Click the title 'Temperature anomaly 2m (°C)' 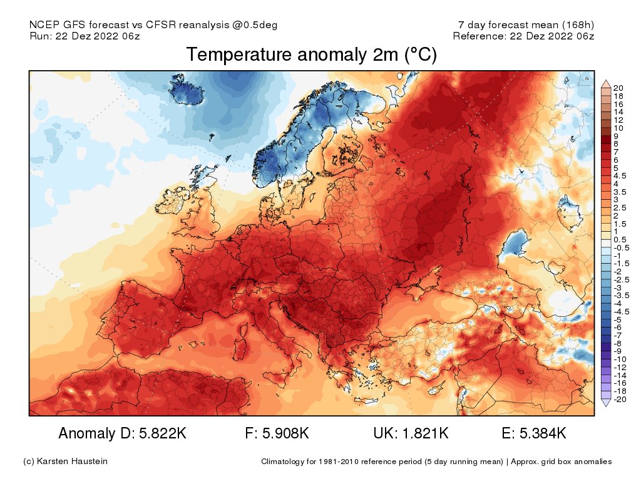pos(311,55)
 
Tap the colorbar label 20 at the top pos(618,87)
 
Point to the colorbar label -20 pos(620,399)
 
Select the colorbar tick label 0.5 pos(620,240)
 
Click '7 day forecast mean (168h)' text pos(526,25)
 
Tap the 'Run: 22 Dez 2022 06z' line pos(85,36)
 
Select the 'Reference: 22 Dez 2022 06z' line pos(523,36)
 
